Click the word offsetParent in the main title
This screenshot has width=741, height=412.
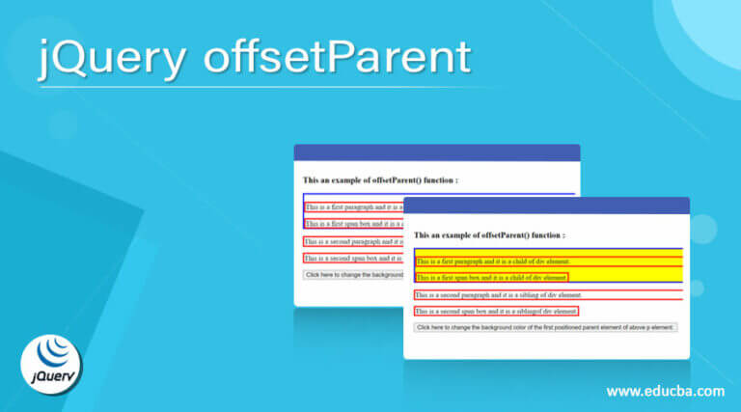(337, 58)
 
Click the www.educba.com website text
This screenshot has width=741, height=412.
(665, 392)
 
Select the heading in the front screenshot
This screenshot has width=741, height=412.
(489, 234)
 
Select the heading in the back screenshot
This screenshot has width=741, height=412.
(380, 179)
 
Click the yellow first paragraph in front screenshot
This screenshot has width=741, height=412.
(493, 261)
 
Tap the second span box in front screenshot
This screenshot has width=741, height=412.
(496, 311)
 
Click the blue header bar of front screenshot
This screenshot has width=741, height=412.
(546, 206)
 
